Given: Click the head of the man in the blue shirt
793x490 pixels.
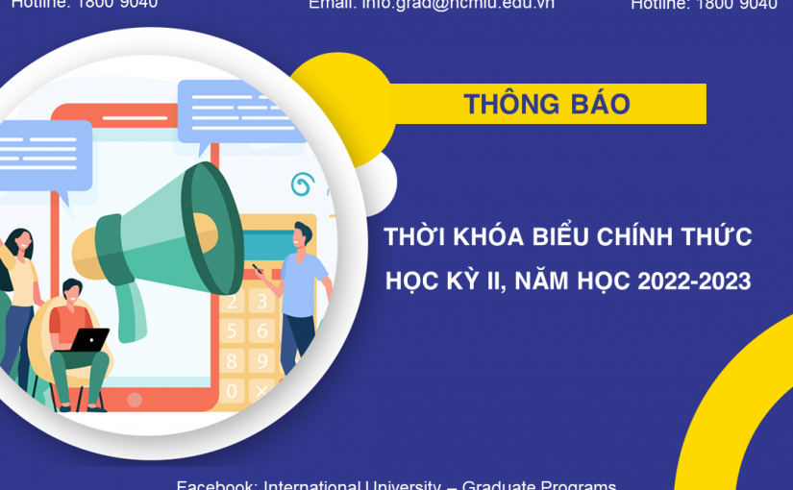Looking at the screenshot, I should click(303, 234).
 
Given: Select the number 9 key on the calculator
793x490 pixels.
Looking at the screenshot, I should click(261, 361).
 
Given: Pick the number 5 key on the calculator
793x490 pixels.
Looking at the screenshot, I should click(232, 331).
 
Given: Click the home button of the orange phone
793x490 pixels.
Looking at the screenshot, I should click(135, 399).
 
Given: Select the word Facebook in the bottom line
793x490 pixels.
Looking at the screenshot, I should click(216, 484).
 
